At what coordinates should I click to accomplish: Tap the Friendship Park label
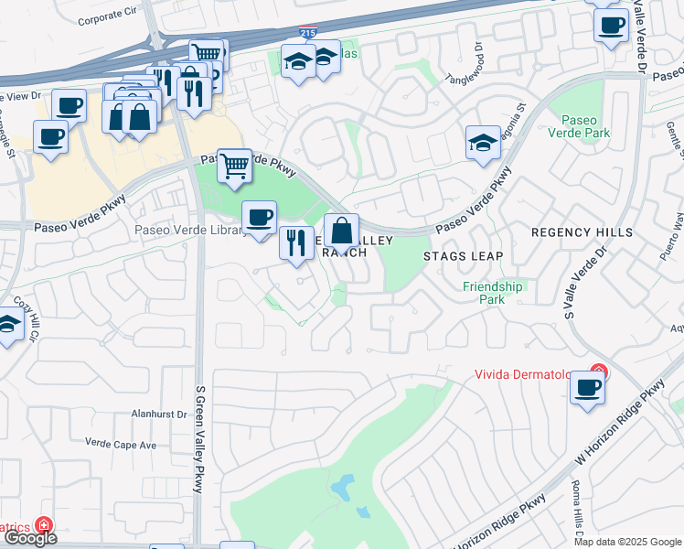pyautogui.click(x=492, y=293)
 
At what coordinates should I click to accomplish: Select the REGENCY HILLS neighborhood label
pyautogui.click(x=582, y=232)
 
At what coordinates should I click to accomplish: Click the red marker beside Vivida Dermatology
pyautogui.click(x=598, y=371)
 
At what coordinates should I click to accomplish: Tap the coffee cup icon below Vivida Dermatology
pyautogui.click(x=587, y=388)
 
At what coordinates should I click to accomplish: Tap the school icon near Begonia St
pyautogui.click(x=483, y=143)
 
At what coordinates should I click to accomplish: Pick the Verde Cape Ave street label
pyautogui.click(x=121, y=445)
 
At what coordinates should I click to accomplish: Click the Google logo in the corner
pyautogui.click(x=29, y=538)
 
